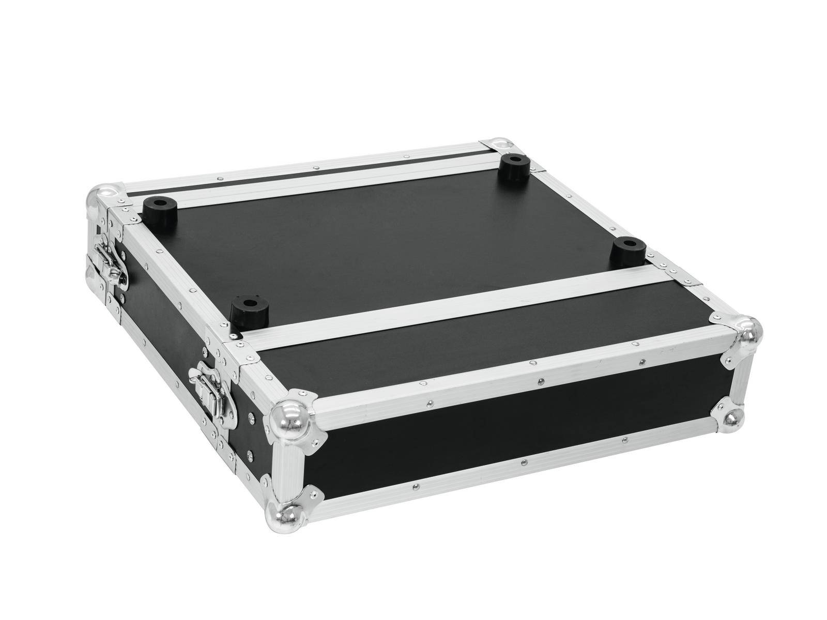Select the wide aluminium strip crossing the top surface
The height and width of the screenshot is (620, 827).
click(465, 305)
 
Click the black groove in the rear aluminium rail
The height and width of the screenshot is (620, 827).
click(310, 171)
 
